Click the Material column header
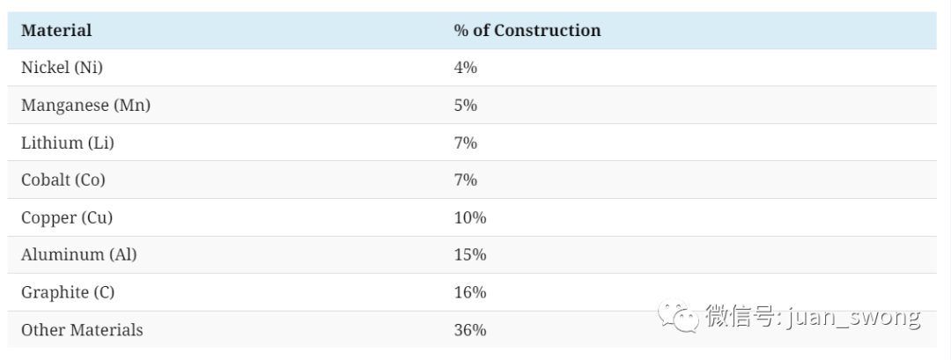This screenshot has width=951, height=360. pyautogui.click(x=56, y=30)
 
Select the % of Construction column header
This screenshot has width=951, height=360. pyautogui.click(x=527, y=30)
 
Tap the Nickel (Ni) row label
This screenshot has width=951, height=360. pyautogui.click(x=62, y=68)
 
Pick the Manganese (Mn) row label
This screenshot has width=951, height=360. pyautogui.click(x=85, y=106)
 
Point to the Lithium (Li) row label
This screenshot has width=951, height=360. pyautogui.click(x=67, y=143)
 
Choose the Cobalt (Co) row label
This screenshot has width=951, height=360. pyautogui.click(x=63, y=180)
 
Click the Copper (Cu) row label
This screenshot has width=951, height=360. pyautogui.click(x=67, y=217)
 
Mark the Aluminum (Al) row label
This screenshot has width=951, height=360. pyautogui.click(x=79, y=255)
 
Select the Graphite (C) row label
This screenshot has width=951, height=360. pyautogui.click(x=67, y=293)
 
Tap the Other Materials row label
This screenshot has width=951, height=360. pyautogui.click(x=82, y=330)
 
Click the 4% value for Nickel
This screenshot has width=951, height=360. pyautogui.click(x=465, y=68)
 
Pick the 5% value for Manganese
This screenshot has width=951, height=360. pyautogui.click(x=465, y=106)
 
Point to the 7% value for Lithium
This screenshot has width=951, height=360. pyautogui.click(x=465, y=143)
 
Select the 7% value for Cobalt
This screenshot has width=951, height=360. pyautogui.click(x=465, y=180)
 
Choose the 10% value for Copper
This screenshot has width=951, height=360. pyautogui.click(x=470, y=217)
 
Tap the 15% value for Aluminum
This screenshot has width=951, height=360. pyautogui.click(x=470, y=255)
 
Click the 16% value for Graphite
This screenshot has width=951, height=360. pyautogui.click(x=470, y=293)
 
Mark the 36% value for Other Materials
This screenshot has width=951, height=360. pyautogui.click(x=470, y=330)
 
